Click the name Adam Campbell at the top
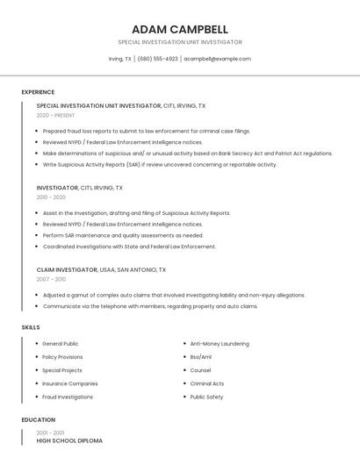tap(179, 29)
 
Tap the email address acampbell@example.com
tap(217, 59)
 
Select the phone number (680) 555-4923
tap(158, 59)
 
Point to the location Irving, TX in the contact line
tap(120, 59)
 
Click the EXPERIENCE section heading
tap(38, 91)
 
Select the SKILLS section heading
tap(31, 327)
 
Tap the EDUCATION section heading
tap(39, 419)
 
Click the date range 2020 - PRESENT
tap(55, 115)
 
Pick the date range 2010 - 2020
tap(51, 197)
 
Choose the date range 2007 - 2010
tap(51, 279)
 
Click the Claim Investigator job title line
tap(101, 269)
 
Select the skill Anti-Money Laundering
tap(220, 344)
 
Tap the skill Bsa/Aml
tap(201, 357)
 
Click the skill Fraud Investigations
tap(68, 397)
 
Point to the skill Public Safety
tap(206, 397)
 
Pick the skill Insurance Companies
tap(70, 383)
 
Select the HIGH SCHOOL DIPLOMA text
tap(69, 440)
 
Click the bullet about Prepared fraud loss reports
tap(147, 131)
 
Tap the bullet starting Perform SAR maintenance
tap(123, 235)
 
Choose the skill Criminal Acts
tap(207, 383)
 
